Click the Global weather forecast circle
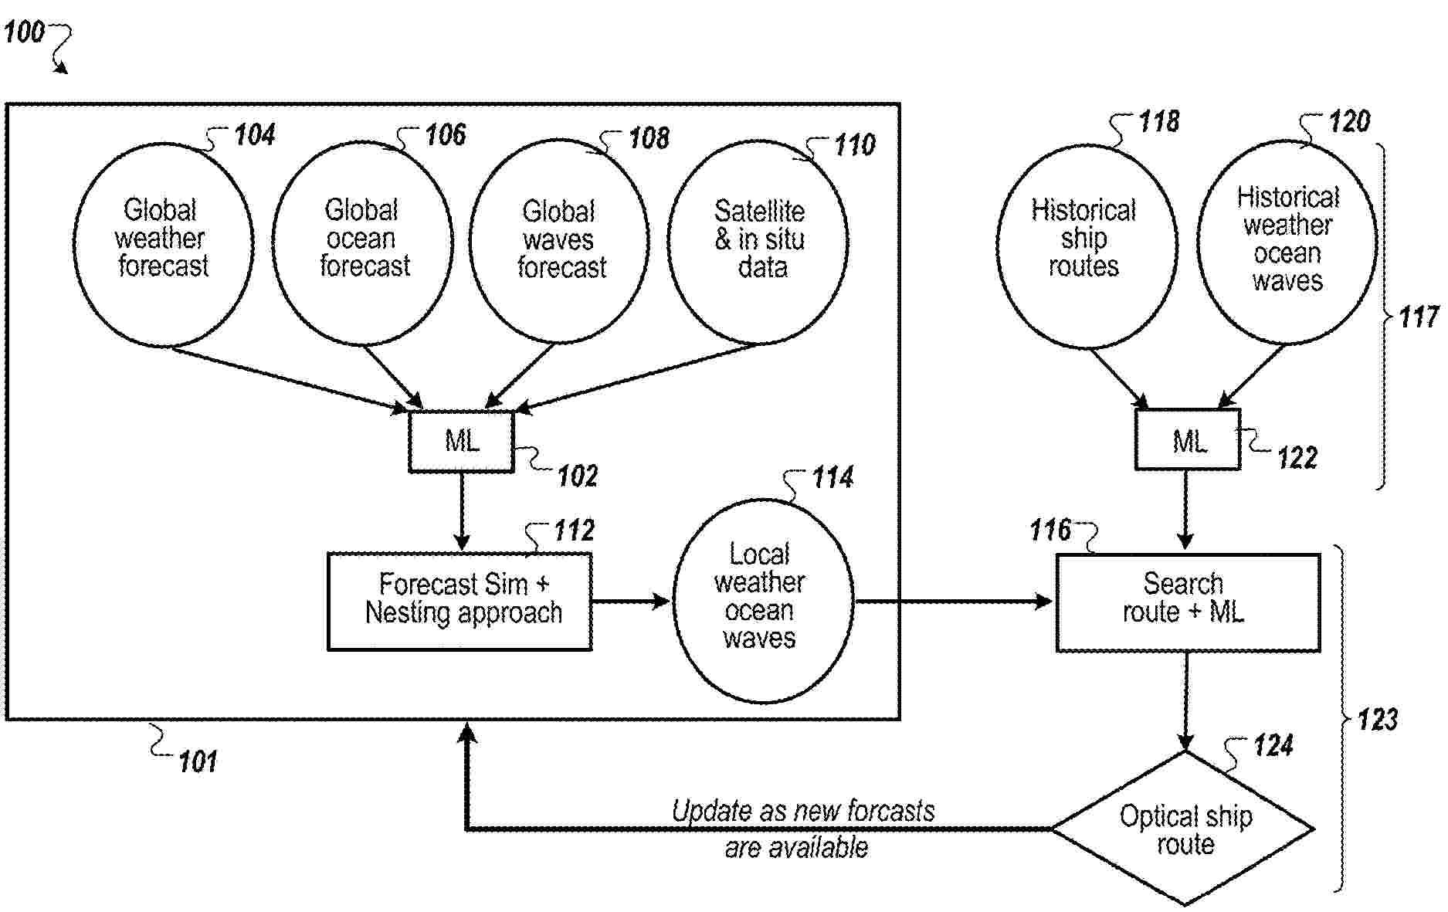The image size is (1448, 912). (163, 243)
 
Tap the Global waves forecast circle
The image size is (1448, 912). (559, 241)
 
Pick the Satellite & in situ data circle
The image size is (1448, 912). (758, 241)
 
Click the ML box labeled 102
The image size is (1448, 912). (461, 441)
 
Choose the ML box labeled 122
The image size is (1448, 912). (1187, 440)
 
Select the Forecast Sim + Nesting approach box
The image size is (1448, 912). (459, 601)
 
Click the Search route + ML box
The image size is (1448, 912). (1187, 602)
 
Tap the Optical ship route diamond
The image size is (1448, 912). (1184, 829)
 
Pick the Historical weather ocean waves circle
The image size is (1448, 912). (1287, 241)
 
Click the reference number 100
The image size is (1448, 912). (23, 32)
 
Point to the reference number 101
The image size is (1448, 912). (198, 762)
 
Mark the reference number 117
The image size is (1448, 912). (1418, 317)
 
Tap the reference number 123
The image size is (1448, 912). (1378, 720)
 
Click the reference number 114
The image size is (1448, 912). (832, 478)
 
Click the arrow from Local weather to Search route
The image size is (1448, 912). (954, 601)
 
